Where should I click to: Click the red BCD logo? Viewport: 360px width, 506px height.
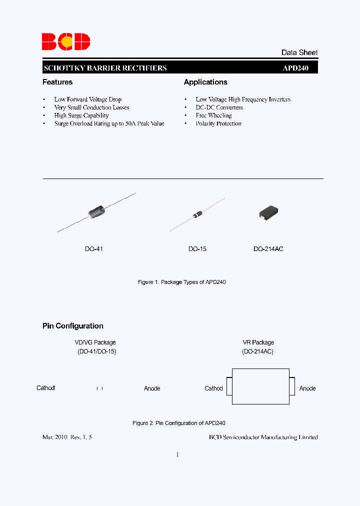tap(65, 41)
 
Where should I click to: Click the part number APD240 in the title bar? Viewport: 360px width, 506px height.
tap(295, 68)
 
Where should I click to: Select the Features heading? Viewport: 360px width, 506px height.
tap(57, 82)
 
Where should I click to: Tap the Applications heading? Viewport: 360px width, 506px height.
tap(205, 82)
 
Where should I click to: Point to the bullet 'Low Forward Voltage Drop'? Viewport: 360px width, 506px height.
tap(88, 99)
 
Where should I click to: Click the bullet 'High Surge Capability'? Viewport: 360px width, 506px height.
tap(81, 115)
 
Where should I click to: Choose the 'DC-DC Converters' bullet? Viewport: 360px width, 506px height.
tap(219, 107)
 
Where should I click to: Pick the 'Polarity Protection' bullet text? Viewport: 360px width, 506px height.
tap(218, 123)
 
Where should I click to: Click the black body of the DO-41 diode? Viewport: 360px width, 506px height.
tap(96, 212)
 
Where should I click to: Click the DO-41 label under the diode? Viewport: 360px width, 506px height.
tap(94, 248)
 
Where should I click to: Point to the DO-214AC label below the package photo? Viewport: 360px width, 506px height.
tap(268, 248)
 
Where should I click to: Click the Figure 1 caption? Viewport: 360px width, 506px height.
tap(182, 282)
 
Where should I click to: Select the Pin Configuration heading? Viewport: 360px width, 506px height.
tap(73, 326)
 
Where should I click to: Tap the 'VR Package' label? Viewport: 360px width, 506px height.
tap(258, 342)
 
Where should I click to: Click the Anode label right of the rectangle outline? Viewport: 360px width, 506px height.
tap(307, 388)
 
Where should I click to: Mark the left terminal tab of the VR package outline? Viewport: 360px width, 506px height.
tap(229, 386)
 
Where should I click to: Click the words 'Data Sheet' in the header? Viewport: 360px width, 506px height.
tap(299, 52)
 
